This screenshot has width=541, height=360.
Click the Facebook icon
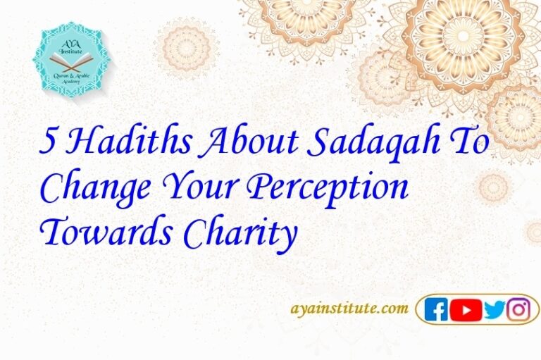(x=436, y=309)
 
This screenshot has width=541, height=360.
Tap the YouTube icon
(x=466, y=309)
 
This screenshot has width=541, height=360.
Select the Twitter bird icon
(x=495, y=309)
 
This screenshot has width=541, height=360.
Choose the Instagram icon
(x=519, y=309)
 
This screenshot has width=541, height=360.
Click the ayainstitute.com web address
(x=349, y=308)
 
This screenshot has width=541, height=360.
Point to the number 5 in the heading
(x=50, y=143)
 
